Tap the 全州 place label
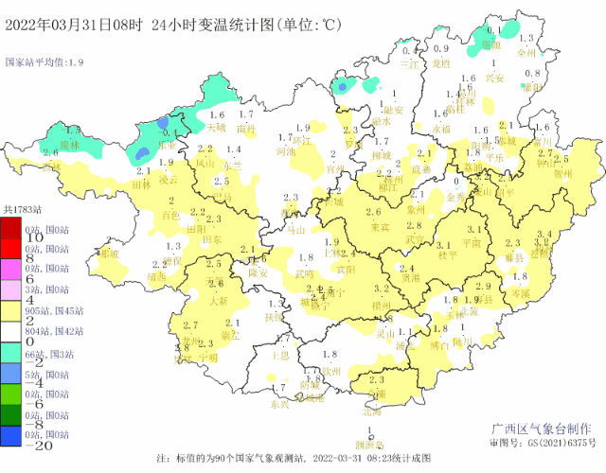pyautogui.click(x=527, y=54)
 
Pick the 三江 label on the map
pyautogui.click(x=409, y=65)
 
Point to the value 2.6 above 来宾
pyautogui.click(x=374, y=213)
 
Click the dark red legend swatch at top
pyautogui.click(x=12, y=229)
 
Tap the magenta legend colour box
pyautogui.click(x=12, y=268)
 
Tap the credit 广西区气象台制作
pyautogui.click(x=545, y=428)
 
